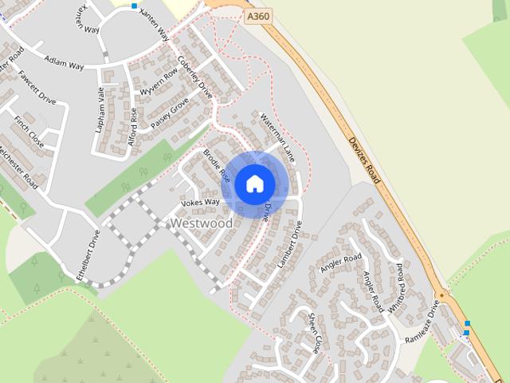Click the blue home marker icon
pos(254,184)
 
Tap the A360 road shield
pos(257,15)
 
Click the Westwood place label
pos(202,224)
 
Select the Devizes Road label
pos(365,160)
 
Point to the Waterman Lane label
pos(278,137)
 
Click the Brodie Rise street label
pos(217,166)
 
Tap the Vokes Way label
pos(200,203)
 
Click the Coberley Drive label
pos(194,75)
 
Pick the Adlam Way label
pos(65,61)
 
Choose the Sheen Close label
pos(314,333)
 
